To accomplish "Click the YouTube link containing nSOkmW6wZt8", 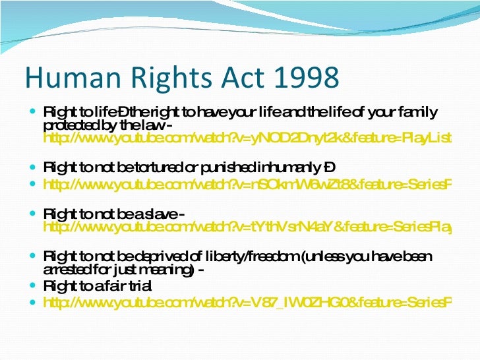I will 247,185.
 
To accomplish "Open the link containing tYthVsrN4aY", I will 247,227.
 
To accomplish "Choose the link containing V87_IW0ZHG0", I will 247,303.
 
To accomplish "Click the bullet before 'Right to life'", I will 34,111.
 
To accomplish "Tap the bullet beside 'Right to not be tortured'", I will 34,168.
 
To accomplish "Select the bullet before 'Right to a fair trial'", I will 34,286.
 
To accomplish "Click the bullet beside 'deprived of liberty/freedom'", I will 34,256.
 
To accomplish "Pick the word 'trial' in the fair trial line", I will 138,286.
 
